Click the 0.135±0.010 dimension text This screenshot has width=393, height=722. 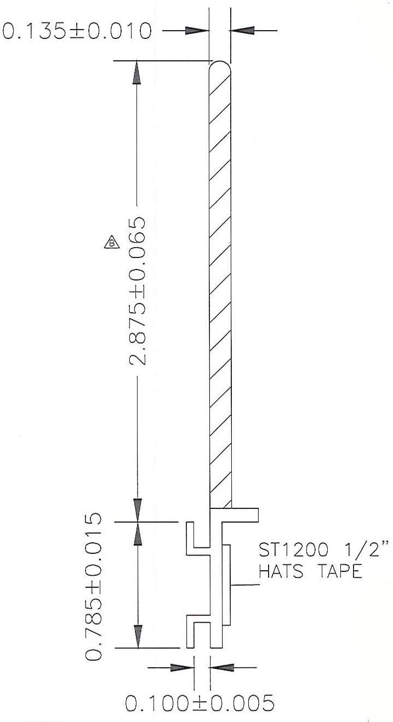click(77, 31)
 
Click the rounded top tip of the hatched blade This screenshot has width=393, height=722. click(220, 65)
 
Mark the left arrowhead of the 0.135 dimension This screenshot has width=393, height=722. click(197, 31)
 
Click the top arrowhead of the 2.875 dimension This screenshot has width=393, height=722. click(137, 73)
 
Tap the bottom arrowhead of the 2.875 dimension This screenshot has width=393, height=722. click(137, 509)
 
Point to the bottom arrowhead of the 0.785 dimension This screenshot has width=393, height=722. click(137, 635)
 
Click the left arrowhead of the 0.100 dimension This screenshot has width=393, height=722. click(183, 667)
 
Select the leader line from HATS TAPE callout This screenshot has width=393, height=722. click(244, 586)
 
